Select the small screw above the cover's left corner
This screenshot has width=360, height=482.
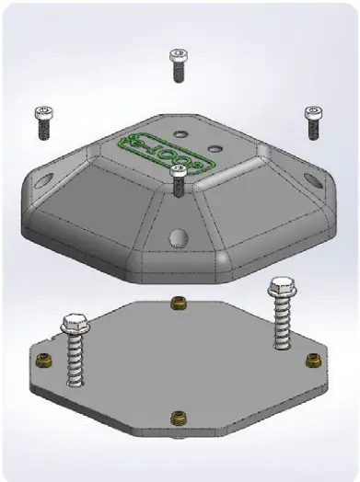[42, 122]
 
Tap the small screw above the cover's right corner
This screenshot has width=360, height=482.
[312, 120]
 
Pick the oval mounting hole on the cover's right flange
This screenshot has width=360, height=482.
[316, 180]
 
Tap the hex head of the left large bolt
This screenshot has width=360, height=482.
[73, 325]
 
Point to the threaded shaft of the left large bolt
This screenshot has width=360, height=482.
[74, 363]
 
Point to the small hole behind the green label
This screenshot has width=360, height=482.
[180, 133]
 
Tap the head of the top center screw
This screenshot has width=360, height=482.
[178, 54]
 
